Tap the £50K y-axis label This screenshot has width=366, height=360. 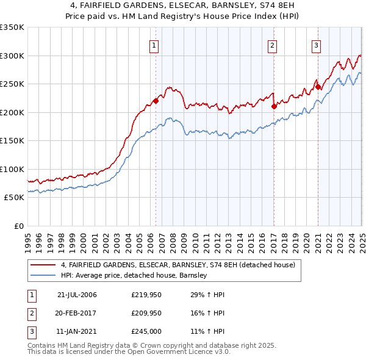tap(14, 198)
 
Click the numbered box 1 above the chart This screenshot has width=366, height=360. tap(153, 45)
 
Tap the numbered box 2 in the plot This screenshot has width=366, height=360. tap(272, 45)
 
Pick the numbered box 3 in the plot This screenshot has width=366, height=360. tap(317, 45)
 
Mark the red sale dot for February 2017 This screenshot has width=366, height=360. tap(274, 106)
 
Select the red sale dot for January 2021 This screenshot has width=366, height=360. tap(318, 87)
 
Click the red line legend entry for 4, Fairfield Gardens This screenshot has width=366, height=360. tap(178, 265)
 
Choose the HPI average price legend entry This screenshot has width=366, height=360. tap(134, 276)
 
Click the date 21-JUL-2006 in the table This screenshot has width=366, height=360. tap(77, 295)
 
